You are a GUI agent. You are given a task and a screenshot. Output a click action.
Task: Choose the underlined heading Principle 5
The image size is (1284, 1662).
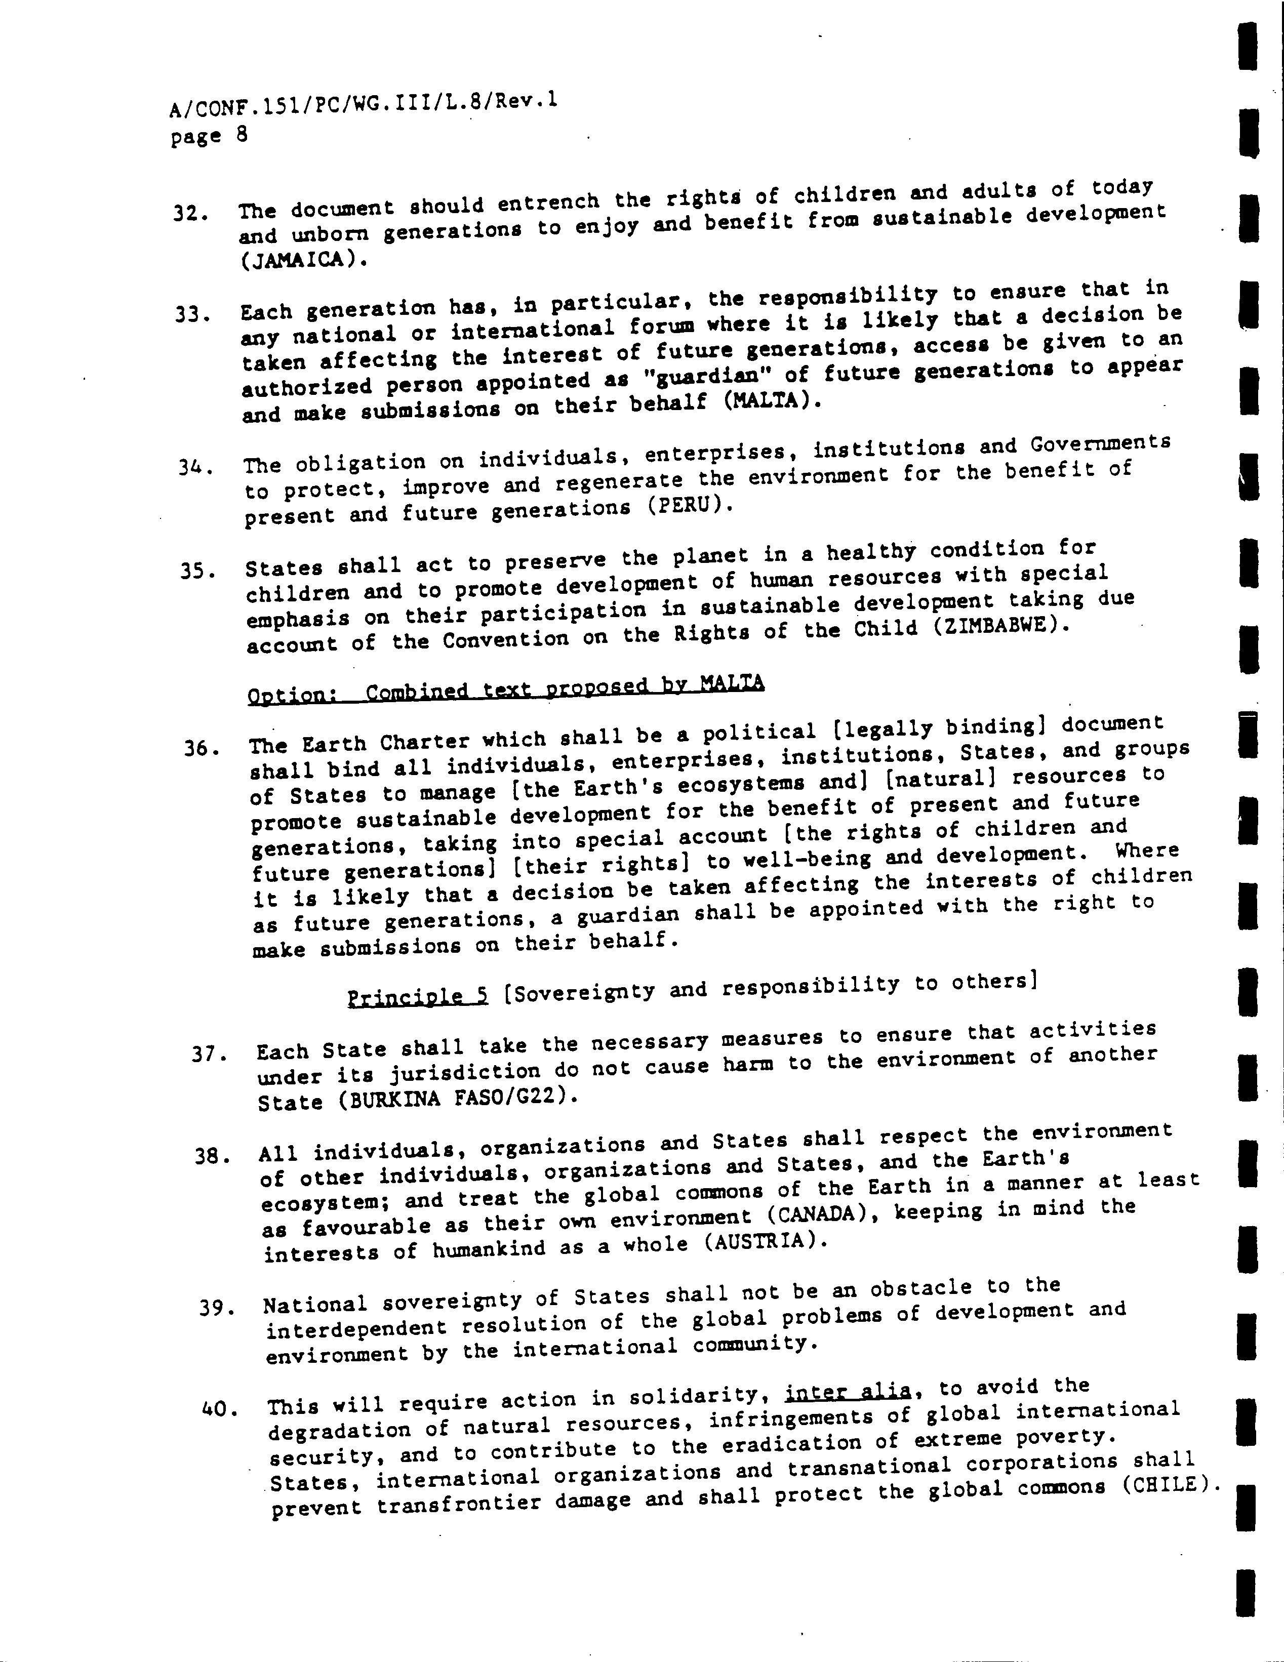(417, 996)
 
